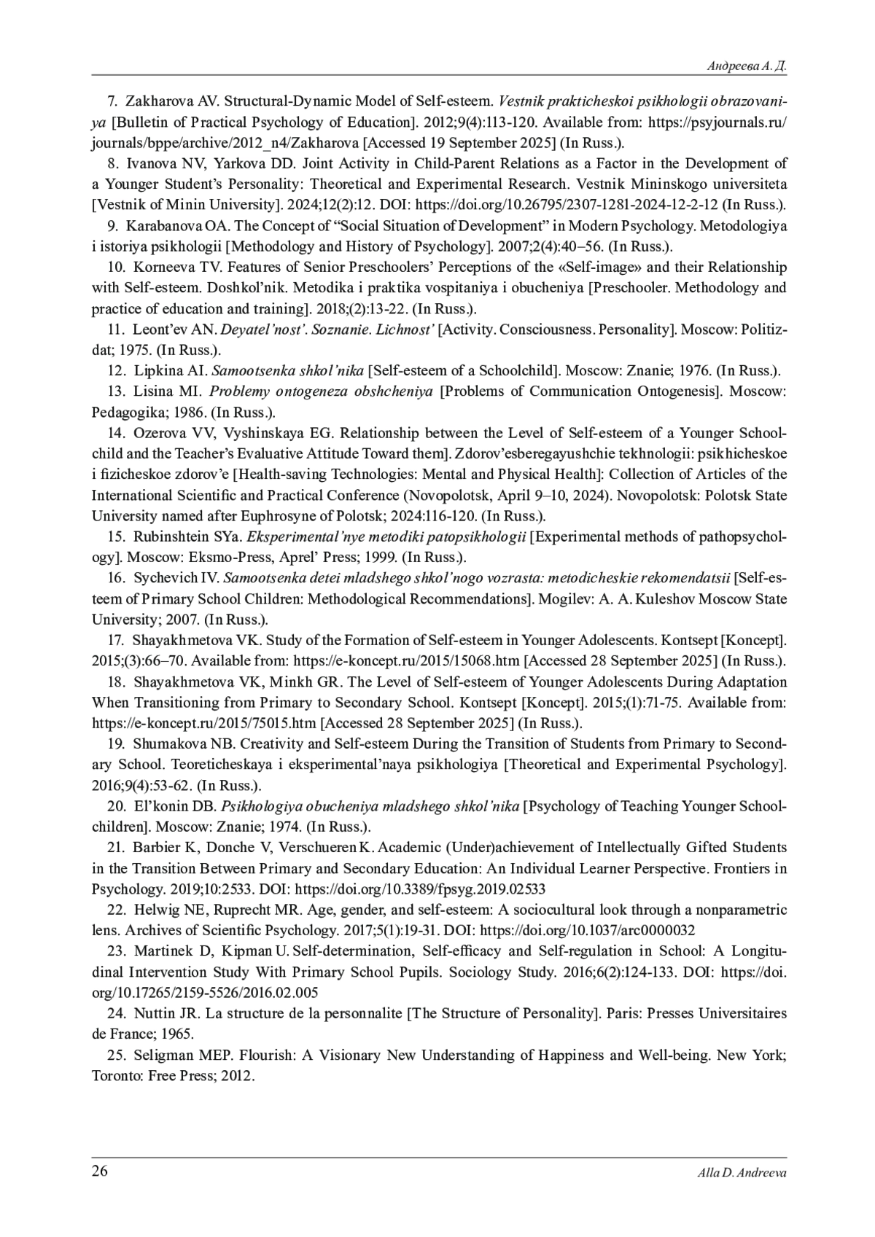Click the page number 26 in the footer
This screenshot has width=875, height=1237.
point(100,1171)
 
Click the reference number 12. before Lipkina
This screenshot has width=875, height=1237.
point(117,370)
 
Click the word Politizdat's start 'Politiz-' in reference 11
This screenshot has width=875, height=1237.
point(763,329)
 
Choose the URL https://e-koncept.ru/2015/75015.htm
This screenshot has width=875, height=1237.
point(204,723)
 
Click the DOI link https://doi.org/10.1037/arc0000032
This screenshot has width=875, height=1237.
point(588,930)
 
